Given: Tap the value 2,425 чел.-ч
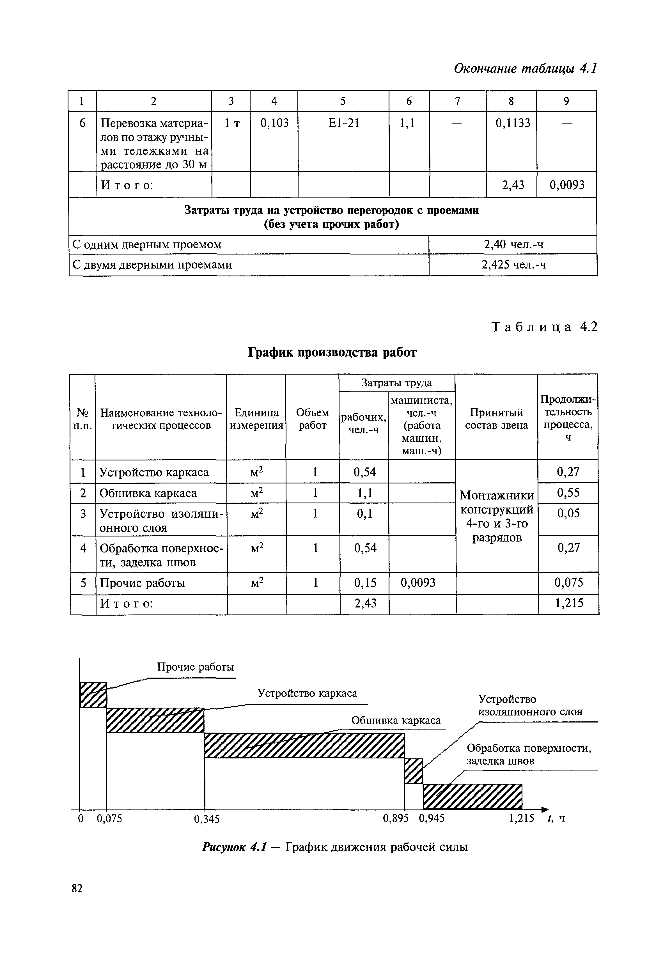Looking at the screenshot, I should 513,265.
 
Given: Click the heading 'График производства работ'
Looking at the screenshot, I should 332,352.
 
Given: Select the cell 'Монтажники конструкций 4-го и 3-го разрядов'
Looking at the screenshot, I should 497,516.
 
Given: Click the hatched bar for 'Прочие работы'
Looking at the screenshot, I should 93,694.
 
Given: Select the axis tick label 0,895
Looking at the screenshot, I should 396,818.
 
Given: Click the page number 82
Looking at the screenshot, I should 77,888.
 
